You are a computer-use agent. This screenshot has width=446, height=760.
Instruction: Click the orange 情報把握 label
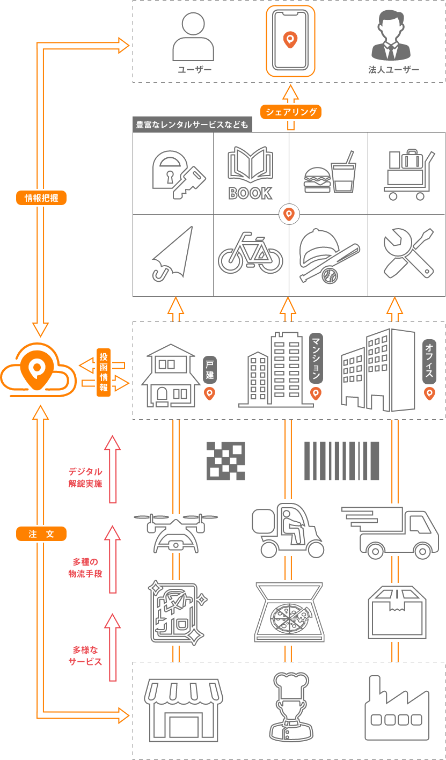point(41,198)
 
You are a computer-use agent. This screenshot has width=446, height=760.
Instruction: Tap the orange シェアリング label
point(290,112)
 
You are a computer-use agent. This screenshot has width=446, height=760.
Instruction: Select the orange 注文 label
point(41,534)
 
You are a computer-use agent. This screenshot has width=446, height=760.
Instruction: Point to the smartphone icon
point(290,41)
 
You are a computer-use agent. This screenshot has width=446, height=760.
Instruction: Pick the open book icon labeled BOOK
point(250,173)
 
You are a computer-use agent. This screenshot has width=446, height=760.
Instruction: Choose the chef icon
point(291,706)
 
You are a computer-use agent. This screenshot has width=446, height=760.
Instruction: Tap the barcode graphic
point(342,461)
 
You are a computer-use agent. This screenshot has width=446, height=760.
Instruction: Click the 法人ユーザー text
point(394,70)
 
